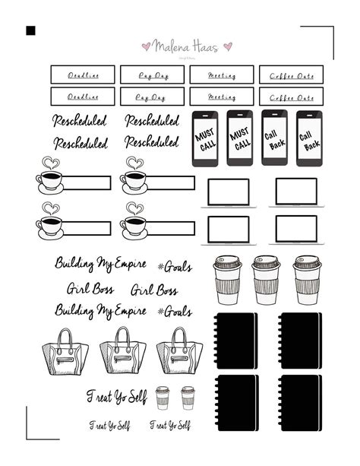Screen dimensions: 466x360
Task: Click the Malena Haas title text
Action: point(185,46)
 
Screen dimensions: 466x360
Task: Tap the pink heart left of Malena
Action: point(147,46)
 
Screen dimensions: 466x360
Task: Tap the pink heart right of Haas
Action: point(227,46)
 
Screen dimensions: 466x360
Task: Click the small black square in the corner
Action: point(31,31)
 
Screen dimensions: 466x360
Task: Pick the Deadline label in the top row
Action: point(83,74)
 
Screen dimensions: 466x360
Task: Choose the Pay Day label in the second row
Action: point(152,97)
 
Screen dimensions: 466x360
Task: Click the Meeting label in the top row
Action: point(221,74)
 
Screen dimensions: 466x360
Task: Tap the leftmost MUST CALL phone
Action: point(205,139)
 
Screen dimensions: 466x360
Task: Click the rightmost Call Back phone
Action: point(309,138)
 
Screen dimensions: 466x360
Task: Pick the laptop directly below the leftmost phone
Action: point(229,192)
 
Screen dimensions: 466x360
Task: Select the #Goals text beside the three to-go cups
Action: point(175,266)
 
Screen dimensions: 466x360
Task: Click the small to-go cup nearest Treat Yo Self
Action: point(163,398)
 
